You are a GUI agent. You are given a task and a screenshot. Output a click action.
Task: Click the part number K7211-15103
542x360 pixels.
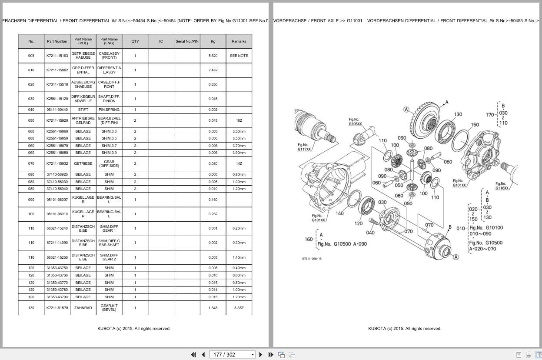point(57,56)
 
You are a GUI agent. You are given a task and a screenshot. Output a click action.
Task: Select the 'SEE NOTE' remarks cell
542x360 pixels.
point(239,56)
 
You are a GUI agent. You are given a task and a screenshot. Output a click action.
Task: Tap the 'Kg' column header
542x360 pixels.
point(213,41)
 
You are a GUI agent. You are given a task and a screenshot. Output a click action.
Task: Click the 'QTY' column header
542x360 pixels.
point(135,41)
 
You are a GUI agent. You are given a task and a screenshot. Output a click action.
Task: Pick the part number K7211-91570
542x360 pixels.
point(57,308)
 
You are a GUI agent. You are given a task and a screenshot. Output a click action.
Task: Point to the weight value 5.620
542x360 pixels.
point(213,56)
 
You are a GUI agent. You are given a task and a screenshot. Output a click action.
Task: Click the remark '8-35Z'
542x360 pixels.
point(239,308)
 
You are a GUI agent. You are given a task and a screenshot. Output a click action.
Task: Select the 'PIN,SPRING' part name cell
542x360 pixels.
point(109,110)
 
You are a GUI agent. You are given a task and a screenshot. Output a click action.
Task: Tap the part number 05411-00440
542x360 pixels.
point(57,110)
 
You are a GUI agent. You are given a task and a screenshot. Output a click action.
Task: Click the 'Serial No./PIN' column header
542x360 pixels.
point(187,41)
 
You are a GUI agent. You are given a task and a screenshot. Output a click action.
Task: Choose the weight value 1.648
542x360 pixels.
point(213,308)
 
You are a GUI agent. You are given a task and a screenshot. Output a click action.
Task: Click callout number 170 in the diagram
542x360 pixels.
point(490,115)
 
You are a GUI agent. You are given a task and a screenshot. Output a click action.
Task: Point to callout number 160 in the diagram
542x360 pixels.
point(309,239)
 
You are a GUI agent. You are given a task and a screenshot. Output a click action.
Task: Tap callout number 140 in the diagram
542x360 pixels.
point(339,213)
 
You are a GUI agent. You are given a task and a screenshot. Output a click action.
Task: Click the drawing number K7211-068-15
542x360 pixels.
point(312,259)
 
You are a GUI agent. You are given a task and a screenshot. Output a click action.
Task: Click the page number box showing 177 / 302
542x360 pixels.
point(232,354)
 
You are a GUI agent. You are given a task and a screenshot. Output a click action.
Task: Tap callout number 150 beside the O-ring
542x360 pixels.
point(475,125)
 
